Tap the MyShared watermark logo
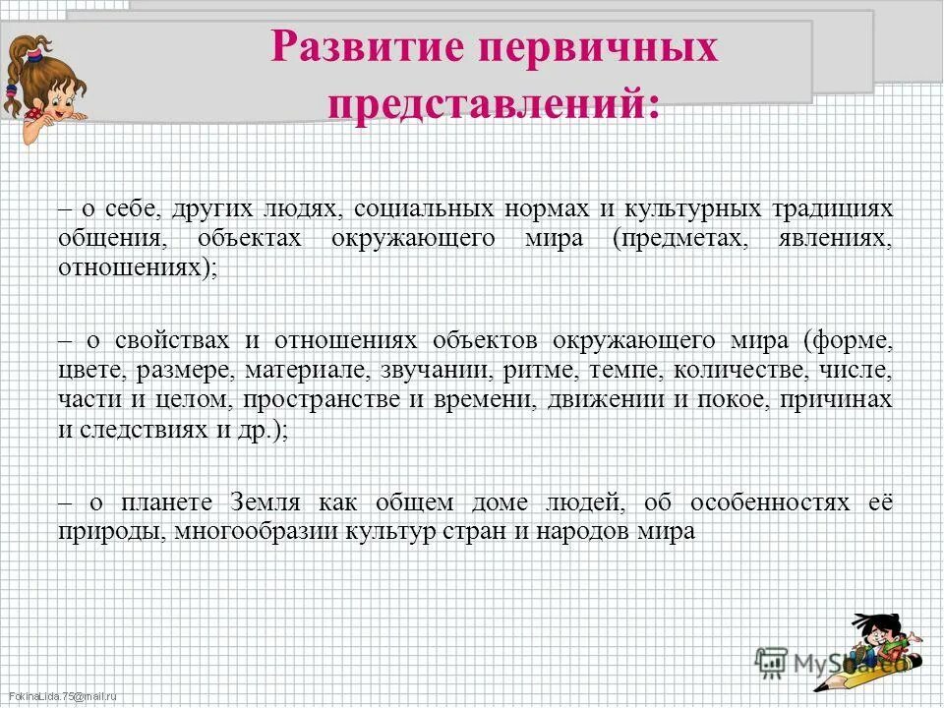[x=831, y=662]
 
